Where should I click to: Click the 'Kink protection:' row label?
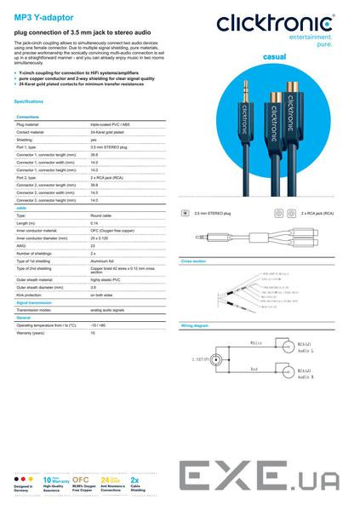coord(34,294)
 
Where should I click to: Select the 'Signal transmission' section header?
coord(36,301)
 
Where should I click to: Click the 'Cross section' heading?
coord(194,260)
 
